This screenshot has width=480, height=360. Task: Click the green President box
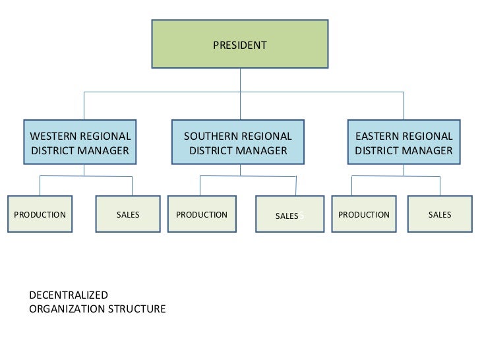[240, 44]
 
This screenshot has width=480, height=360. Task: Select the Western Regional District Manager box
[80, 143]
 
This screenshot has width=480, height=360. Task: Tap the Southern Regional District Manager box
[237, 143]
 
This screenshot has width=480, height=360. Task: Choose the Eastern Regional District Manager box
[404, 143]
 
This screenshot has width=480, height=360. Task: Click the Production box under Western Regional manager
[40, 214]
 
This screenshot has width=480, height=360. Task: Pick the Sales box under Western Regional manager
[128, 214]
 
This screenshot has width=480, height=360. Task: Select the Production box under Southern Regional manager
[202, 214]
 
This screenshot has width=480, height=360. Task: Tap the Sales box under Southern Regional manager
[287, 215]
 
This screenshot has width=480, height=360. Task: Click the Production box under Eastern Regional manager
[364, 214]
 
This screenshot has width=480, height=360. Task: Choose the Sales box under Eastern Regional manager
[440, 214]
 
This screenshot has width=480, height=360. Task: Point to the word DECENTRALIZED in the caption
[69, 295]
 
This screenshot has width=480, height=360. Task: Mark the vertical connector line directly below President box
[240, 80]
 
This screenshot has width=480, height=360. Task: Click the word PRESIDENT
[240, 45]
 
